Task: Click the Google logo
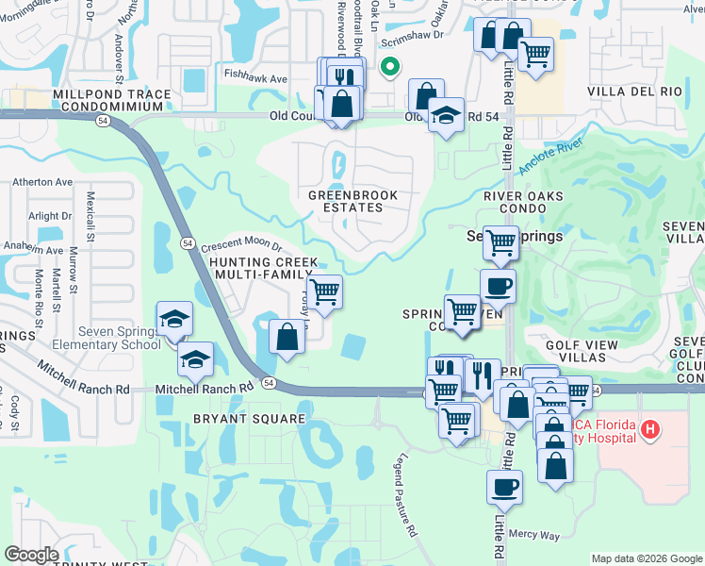point(31,555)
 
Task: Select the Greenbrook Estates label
point(348,201)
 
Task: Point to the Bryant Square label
point(250,419)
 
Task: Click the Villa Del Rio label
point(633,92)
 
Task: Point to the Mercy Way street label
point(534,535)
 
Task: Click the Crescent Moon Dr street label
point(241,244)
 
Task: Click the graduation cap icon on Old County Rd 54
point(446,115)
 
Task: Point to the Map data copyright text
point(647,558)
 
